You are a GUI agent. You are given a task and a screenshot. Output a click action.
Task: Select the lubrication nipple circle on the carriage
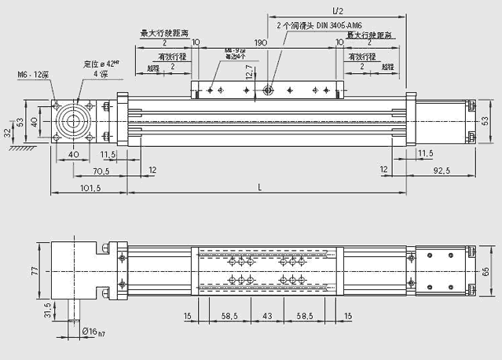pyautogui.click(x=268, y=90)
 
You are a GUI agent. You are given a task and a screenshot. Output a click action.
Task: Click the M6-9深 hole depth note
pyautogui.click(x=236, y=53)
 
